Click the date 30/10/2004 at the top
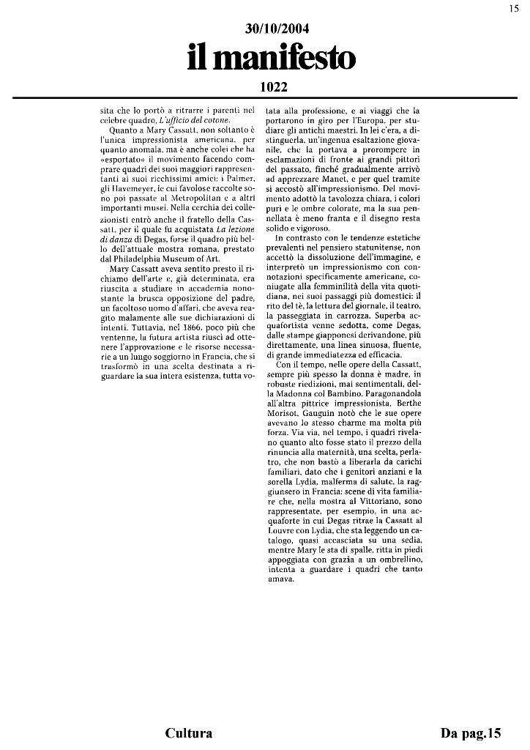pyautogui.click(x=277, y=29)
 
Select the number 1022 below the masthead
pyautogui.click(x=274, y=86)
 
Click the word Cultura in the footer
pyautogui.click(x=189, y=732)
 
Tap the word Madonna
pyautogui.click(x=295, y=425)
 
